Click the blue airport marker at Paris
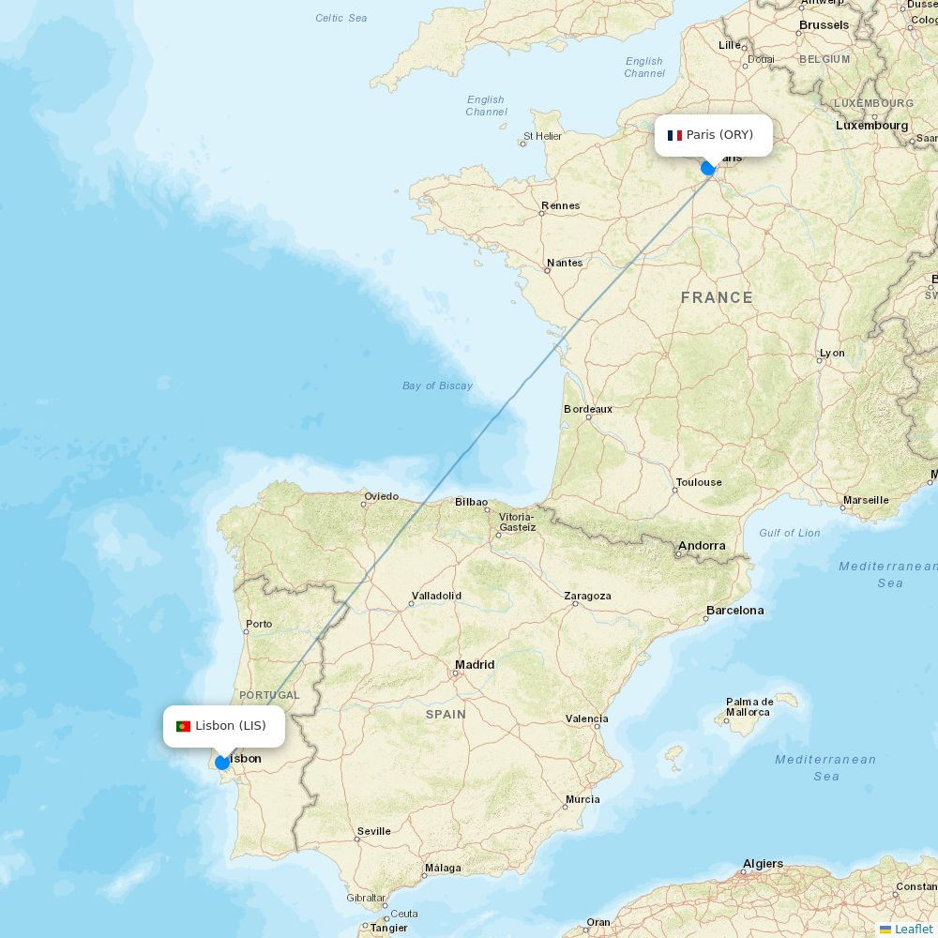click(x=708, y=168)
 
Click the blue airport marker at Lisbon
click(x=222, y=763)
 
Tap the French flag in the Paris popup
click(x=674, y=135)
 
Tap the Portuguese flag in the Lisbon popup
click(x=183, y=726)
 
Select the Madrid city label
click(x=475, y=664)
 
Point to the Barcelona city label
click(x=735, y=610)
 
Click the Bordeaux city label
click(x=588, y=409)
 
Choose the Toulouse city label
click(x=699, y=482)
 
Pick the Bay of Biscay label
click(x=437, y=386)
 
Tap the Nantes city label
click(x=565, y=263)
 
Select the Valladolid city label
click(x=436, y=596)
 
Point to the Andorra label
click(x=702, y=545)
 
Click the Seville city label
click(x=374, y=831)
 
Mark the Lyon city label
click(x=832, y=353)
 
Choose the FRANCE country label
click(x=717, y=297)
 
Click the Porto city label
click(x=259, y=624)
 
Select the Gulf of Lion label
click(x=790, y=533)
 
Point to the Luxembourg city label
click(x=872, y=125)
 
